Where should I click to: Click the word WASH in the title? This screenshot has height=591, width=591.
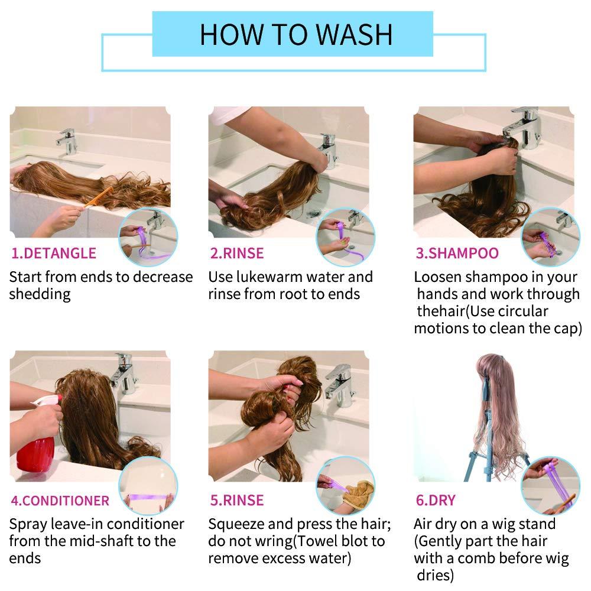354,35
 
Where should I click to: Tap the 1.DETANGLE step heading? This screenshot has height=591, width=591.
54,254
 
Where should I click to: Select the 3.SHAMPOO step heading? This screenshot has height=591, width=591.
457,254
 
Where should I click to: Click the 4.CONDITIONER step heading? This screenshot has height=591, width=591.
60,501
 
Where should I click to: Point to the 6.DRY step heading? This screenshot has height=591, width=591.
436,500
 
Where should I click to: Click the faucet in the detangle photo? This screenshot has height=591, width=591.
67,141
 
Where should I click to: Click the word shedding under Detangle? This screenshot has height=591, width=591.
40,294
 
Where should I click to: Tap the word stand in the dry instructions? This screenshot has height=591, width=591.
537,524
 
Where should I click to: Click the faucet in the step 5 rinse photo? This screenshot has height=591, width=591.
339,387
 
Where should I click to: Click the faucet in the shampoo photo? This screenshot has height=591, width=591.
522,126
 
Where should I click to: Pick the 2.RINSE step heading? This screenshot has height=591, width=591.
237,254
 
